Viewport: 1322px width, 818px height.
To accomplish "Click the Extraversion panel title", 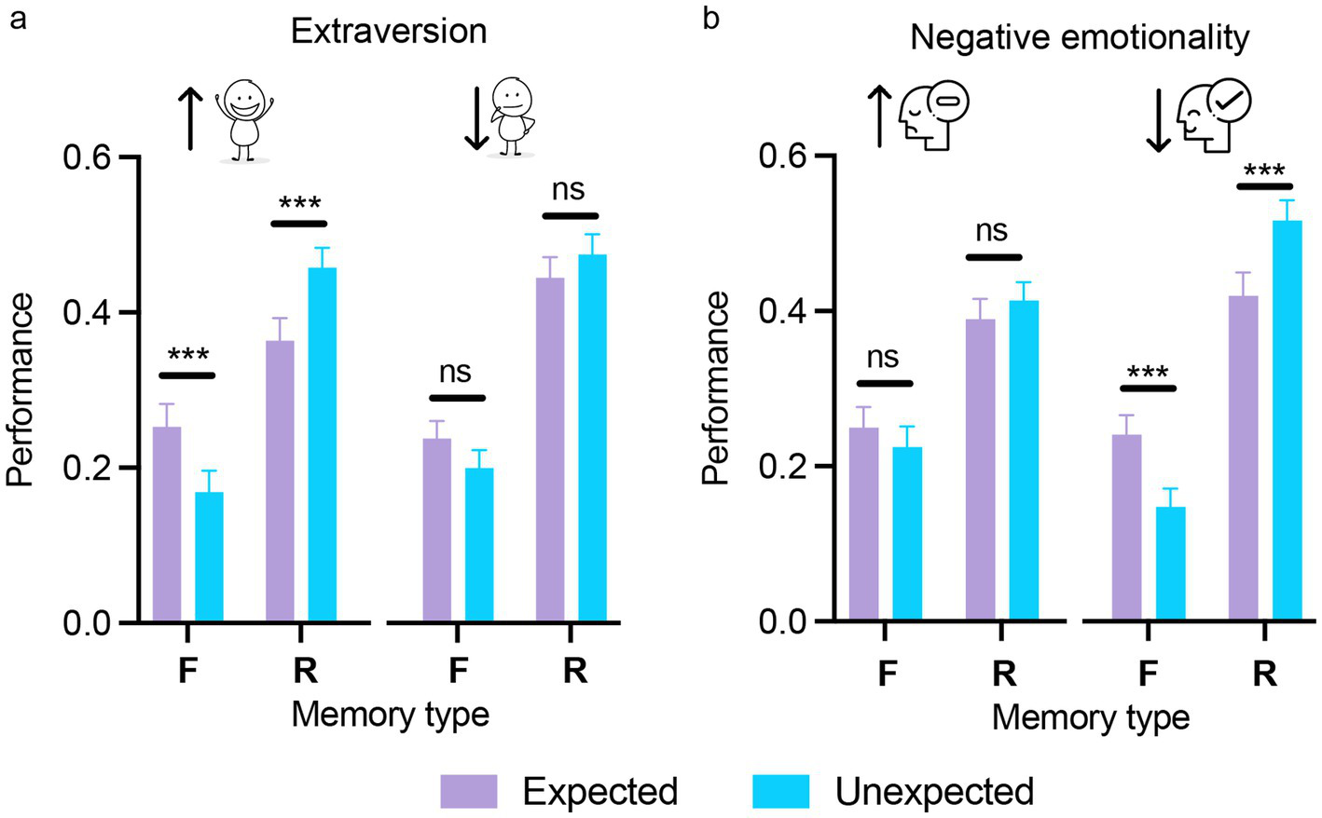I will point(389,32).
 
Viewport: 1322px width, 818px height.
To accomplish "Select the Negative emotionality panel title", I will point(1079,37).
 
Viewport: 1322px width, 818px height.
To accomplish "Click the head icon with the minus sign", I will point(933,115).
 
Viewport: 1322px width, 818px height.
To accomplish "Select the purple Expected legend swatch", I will point(469,791).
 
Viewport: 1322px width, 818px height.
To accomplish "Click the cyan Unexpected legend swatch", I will point(781,791).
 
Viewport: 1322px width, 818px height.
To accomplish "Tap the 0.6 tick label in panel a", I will point(88,157).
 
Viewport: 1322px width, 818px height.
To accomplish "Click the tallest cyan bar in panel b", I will point(1287,419).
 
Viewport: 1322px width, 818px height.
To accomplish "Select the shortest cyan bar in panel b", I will point(1170,564).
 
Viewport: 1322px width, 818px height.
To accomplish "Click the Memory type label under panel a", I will point(390,715).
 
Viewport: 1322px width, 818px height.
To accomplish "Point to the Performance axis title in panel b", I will point(716,388).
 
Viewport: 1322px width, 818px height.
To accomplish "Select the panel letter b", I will point(710,19).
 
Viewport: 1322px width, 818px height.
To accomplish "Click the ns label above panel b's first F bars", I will point(882,357).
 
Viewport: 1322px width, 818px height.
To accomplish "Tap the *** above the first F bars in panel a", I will point(188,355).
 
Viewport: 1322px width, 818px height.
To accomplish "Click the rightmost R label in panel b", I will point(1264,674).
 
